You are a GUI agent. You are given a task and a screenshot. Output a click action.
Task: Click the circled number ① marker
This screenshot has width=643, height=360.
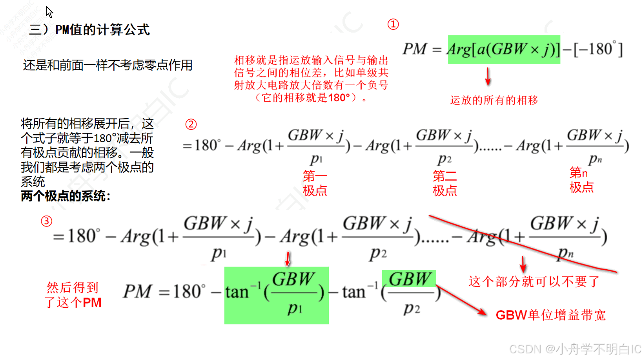click(x=393, y=24)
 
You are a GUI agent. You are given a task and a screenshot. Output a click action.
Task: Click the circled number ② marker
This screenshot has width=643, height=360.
click(x=191, y=124)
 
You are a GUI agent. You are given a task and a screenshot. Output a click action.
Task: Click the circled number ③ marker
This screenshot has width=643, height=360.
click(x=47, y=221)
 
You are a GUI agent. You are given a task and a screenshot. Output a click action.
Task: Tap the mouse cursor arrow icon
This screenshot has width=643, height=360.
click(x=49, y=12)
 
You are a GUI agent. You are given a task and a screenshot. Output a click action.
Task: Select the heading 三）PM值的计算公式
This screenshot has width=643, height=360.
click(x=89, y=30)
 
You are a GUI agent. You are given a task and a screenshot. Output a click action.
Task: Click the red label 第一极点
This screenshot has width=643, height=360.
click(x=315, y=183)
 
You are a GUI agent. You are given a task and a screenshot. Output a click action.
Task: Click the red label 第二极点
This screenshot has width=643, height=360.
click(x=444, y=183)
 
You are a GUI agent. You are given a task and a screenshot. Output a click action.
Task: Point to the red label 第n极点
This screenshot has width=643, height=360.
click(x=581, y=180)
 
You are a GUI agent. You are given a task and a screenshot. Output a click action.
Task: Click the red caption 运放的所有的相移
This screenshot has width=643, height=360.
click(x=494, y=101)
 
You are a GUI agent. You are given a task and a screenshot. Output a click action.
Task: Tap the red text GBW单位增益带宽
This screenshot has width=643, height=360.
click(x=550, y=315)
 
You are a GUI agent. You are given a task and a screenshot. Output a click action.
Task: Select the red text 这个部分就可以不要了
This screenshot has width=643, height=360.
click(x=534, y=281)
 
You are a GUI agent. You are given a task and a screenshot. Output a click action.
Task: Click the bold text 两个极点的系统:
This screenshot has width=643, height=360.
click(x=66, y=196)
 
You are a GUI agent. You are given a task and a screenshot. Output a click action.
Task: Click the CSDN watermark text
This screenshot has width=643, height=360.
click(x=575, y=349)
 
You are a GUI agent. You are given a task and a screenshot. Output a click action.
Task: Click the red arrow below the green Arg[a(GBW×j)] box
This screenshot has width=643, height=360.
click(x=488, y=77)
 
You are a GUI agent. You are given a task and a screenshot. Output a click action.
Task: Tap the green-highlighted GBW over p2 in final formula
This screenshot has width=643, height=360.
click(x=409, y=279)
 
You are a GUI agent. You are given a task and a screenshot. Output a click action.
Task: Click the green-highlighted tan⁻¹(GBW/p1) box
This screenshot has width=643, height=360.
click(x=276, y=295)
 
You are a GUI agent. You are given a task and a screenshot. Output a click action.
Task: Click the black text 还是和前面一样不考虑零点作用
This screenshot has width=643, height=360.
click(x=107, y=65)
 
